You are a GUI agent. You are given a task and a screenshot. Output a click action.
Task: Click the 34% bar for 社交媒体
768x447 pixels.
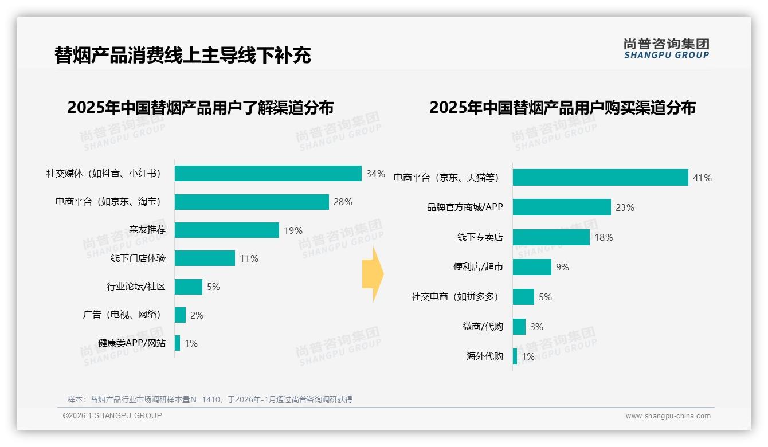268,174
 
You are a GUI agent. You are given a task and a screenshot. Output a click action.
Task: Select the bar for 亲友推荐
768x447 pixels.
226,230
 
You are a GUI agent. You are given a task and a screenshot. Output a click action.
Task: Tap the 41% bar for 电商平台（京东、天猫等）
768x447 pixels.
600,178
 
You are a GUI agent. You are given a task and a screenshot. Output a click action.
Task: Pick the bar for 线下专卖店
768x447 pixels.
551,237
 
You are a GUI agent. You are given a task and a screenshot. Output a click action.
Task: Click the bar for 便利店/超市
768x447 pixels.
532,267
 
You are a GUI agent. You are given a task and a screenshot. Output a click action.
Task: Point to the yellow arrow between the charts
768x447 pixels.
373,274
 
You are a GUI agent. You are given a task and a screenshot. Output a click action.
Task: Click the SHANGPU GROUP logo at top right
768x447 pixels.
666,49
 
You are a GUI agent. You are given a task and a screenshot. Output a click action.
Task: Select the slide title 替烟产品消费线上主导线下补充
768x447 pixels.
182,56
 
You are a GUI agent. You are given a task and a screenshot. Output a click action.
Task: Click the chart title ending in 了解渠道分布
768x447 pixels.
200,108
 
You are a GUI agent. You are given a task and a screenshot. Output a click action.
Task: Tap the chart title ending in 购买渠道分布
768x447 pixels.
562,108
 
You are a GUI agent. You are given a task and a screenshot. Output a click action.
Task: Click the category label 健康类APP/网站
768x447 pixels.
132,343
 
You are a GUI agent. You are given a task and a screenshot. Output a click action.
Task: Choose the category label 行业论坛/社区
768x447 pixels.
136,287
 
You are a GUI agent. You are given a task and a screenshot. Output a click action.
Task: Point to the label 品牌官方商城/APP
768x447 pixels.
465,207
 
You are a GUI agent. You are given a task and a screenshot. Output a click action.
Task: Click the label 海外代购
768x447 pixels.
484,356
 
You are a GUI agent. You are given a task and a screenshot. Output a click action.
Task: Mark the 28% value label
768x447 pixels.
343,202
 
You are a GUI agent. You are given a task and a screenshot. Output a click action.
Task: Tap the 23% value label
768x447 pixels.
625,207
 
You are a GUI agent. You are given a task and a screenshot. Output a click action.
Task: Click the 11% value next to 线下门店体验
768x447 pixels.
249,258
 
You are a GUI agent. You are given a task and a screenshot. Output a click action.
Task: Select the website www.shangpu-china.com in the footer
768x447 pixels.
668,416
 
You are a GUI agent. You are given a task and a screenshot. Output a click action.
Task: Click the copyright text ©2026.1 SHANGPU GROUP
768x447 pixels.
112,415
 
